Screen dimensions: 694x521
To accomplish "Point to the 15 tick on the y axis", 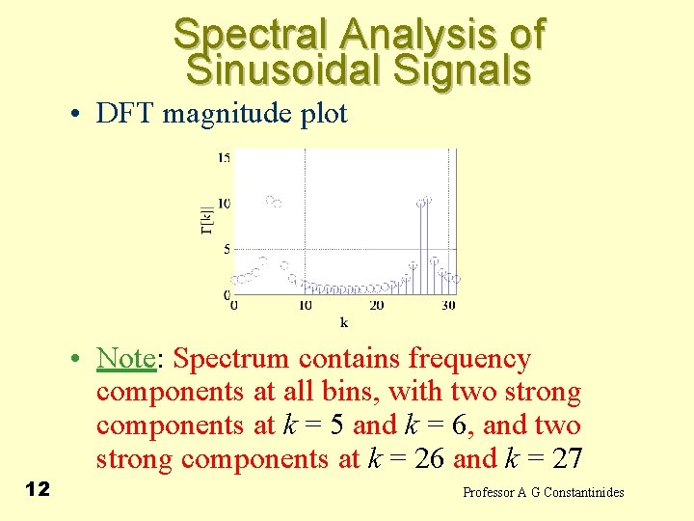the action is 223,157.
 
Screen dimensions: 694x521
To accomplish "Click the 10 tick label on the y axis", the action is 223,203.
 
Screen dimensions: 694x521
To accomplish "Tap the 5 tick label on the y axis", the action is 227,249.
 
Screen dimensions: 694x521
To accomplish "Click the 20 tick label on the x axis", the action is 377,306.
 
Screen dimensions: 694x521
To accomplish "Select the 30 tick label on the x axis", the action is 448,306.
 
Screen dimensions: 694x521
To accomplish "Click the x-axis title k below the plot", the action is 343,322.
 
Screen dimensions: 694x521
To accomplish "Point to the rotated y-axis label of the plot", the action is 206,220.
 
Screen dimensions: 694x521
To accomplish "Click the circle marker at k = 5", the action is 270,200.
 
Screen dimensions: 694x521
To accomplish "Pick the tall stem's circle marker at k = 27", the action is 427,200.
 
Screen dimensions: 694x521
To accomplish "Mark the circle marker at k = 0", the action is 234,281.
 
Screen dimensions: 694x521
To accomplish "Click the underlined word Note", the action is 125,359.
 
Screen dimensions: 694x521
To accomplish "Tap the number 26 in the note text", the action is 425,458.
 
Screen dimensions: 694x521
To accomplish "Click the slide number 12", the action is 37,490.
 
